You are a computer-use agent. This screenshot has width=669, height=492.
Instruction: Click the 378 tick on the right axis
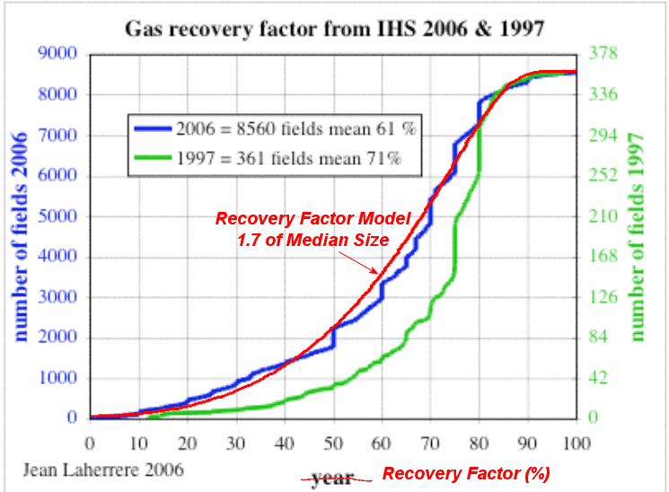click(x=603, y=54)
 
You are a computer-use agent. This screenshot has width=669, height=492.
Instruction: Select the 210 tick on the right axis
click(x=603, y=216)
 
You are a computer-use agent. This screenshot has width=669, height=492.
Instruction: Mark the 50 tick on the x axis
click(x=332, y=443)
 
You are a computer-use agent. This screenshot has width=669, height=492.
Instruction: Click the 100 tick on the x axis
click(x=575, y=443)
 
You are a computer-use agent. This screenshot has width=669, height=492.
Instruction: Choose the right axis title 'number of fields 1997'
click(x=638, y=235)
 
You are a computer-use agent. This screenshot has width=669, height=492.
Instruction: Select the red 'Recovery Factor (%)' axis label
click(x=465, y=474)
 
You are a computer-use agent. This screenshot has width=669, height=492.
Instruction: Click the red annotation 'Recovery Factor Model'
click(x=312, y=219)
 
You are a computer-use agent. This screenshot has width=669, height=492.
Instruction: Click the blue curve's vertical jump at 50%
click(x=333, y=337)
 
